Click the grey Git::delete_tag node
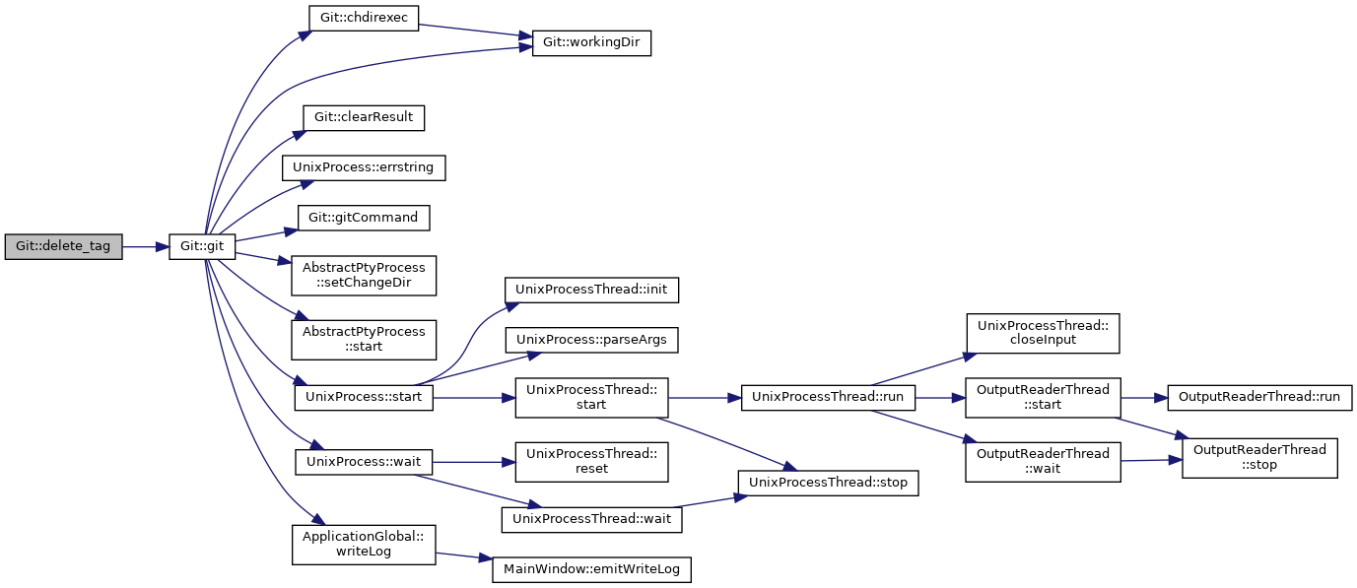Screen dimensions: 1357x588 click(64, 247)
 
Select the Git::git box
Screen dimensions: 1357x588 click(202, 247)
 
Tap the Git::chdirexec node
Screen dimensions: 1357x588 click(364, 18)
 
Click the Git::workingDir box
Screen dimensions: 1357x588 click(591, 43)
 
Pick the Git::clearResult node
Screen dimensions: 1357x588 click(364, 117)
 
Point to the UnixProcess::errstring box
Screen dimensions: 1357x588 click(364, 167)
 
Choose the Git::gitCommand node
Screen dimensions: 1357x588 click(364, 218)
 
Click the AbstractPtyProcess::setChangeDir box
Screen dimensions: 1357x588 click(364, 276)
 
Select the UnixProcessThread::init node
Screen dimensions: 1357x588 click(591, 291)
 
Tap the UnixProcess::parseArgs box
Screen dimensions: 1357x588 click(591, 341)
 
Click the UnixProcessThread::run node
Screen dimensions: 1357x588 click(828, 398)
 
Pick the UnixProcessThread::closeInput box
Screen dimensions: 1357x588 click(1043, 334)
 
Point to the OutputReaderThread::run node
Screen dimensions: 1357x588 click(1259, 398)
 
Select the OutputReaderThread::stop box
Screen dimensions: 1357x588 click(1259, 458)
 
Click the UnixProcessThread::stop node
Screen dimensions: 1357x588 click(828, 484)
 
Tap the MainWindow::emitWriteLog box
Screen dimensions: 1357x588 click(591, 570)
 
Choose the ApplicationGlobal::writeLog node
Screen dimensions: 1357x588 click(364, 545)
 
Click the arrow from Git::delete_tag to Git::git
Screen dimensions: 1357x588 click(146, 247)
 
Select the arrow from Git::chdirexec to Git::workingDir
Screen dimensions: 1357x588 click(476, 31)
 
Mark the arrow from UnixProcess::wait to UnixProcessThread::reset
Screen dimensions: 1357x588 click(474, 462)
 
